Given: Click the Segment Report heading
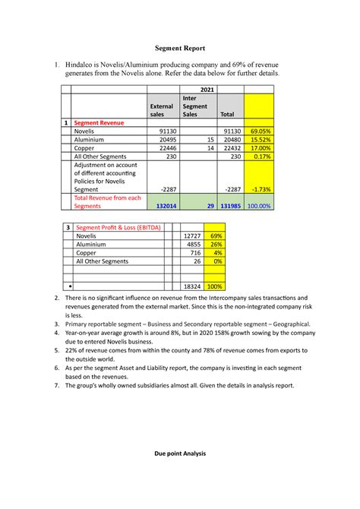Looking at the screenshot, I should point(179,47).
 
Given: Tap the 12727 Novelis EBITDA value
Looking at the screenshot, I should point(192,237).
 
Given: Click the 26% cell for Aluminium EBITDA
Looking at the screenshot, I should point(216,245).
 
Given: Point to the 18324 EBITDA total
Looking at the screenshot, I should point(192,286).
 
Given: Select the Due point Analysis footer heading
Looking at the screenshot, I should point(179,454).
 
